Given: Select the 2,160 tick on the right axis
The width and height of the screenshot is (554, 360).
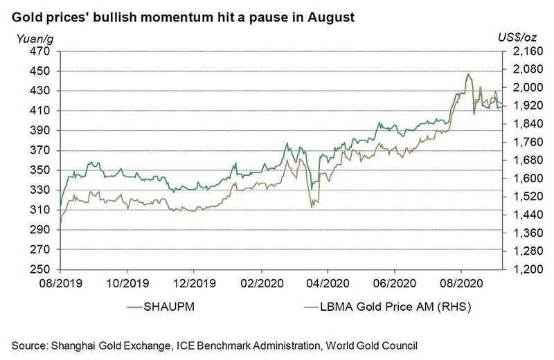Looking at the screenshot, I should (519, 51).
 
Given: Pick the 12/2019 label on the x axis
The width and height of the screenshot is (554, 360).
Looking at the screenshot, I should (194, 283).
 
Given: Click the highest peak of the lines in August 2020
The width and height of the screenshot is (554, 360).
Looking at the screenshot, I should (469, 73).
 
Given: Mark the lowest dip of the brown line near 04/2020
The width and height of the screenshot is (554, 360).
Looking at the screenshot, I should (312, 207).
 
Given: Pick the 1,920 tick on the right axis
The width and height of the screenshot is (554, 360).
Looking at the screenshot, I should (519, 106).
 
